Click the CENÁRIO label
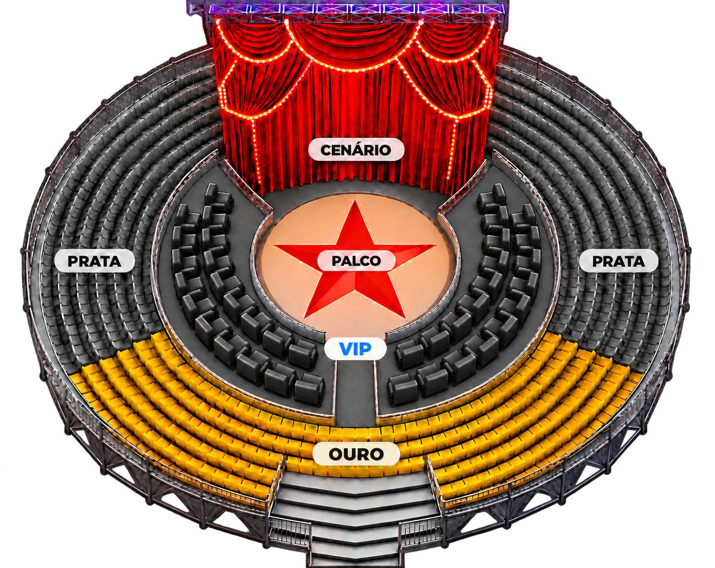pyautogui.click(x=356, y=150)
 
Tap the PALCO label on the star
pyautogui.click(x=356, y=261)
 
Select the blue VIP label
pyautogui.click(x=355, y=349)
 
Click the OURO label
pyautogui.click(x=356, y=454)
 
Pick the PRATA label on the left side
pyautogui.click(x=95, y=261)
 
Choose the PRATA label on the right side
pyautogui.click(x=618, y=261)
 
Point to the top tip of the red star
pyautogui.click(x=355, y=201)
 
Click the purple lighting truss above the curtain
pyautogui.click(x=348, y=8)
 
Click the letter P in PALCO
pyautogui.click(x=337, y=261)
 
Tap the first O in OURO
pyautogui.click(x=336, y=454)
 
